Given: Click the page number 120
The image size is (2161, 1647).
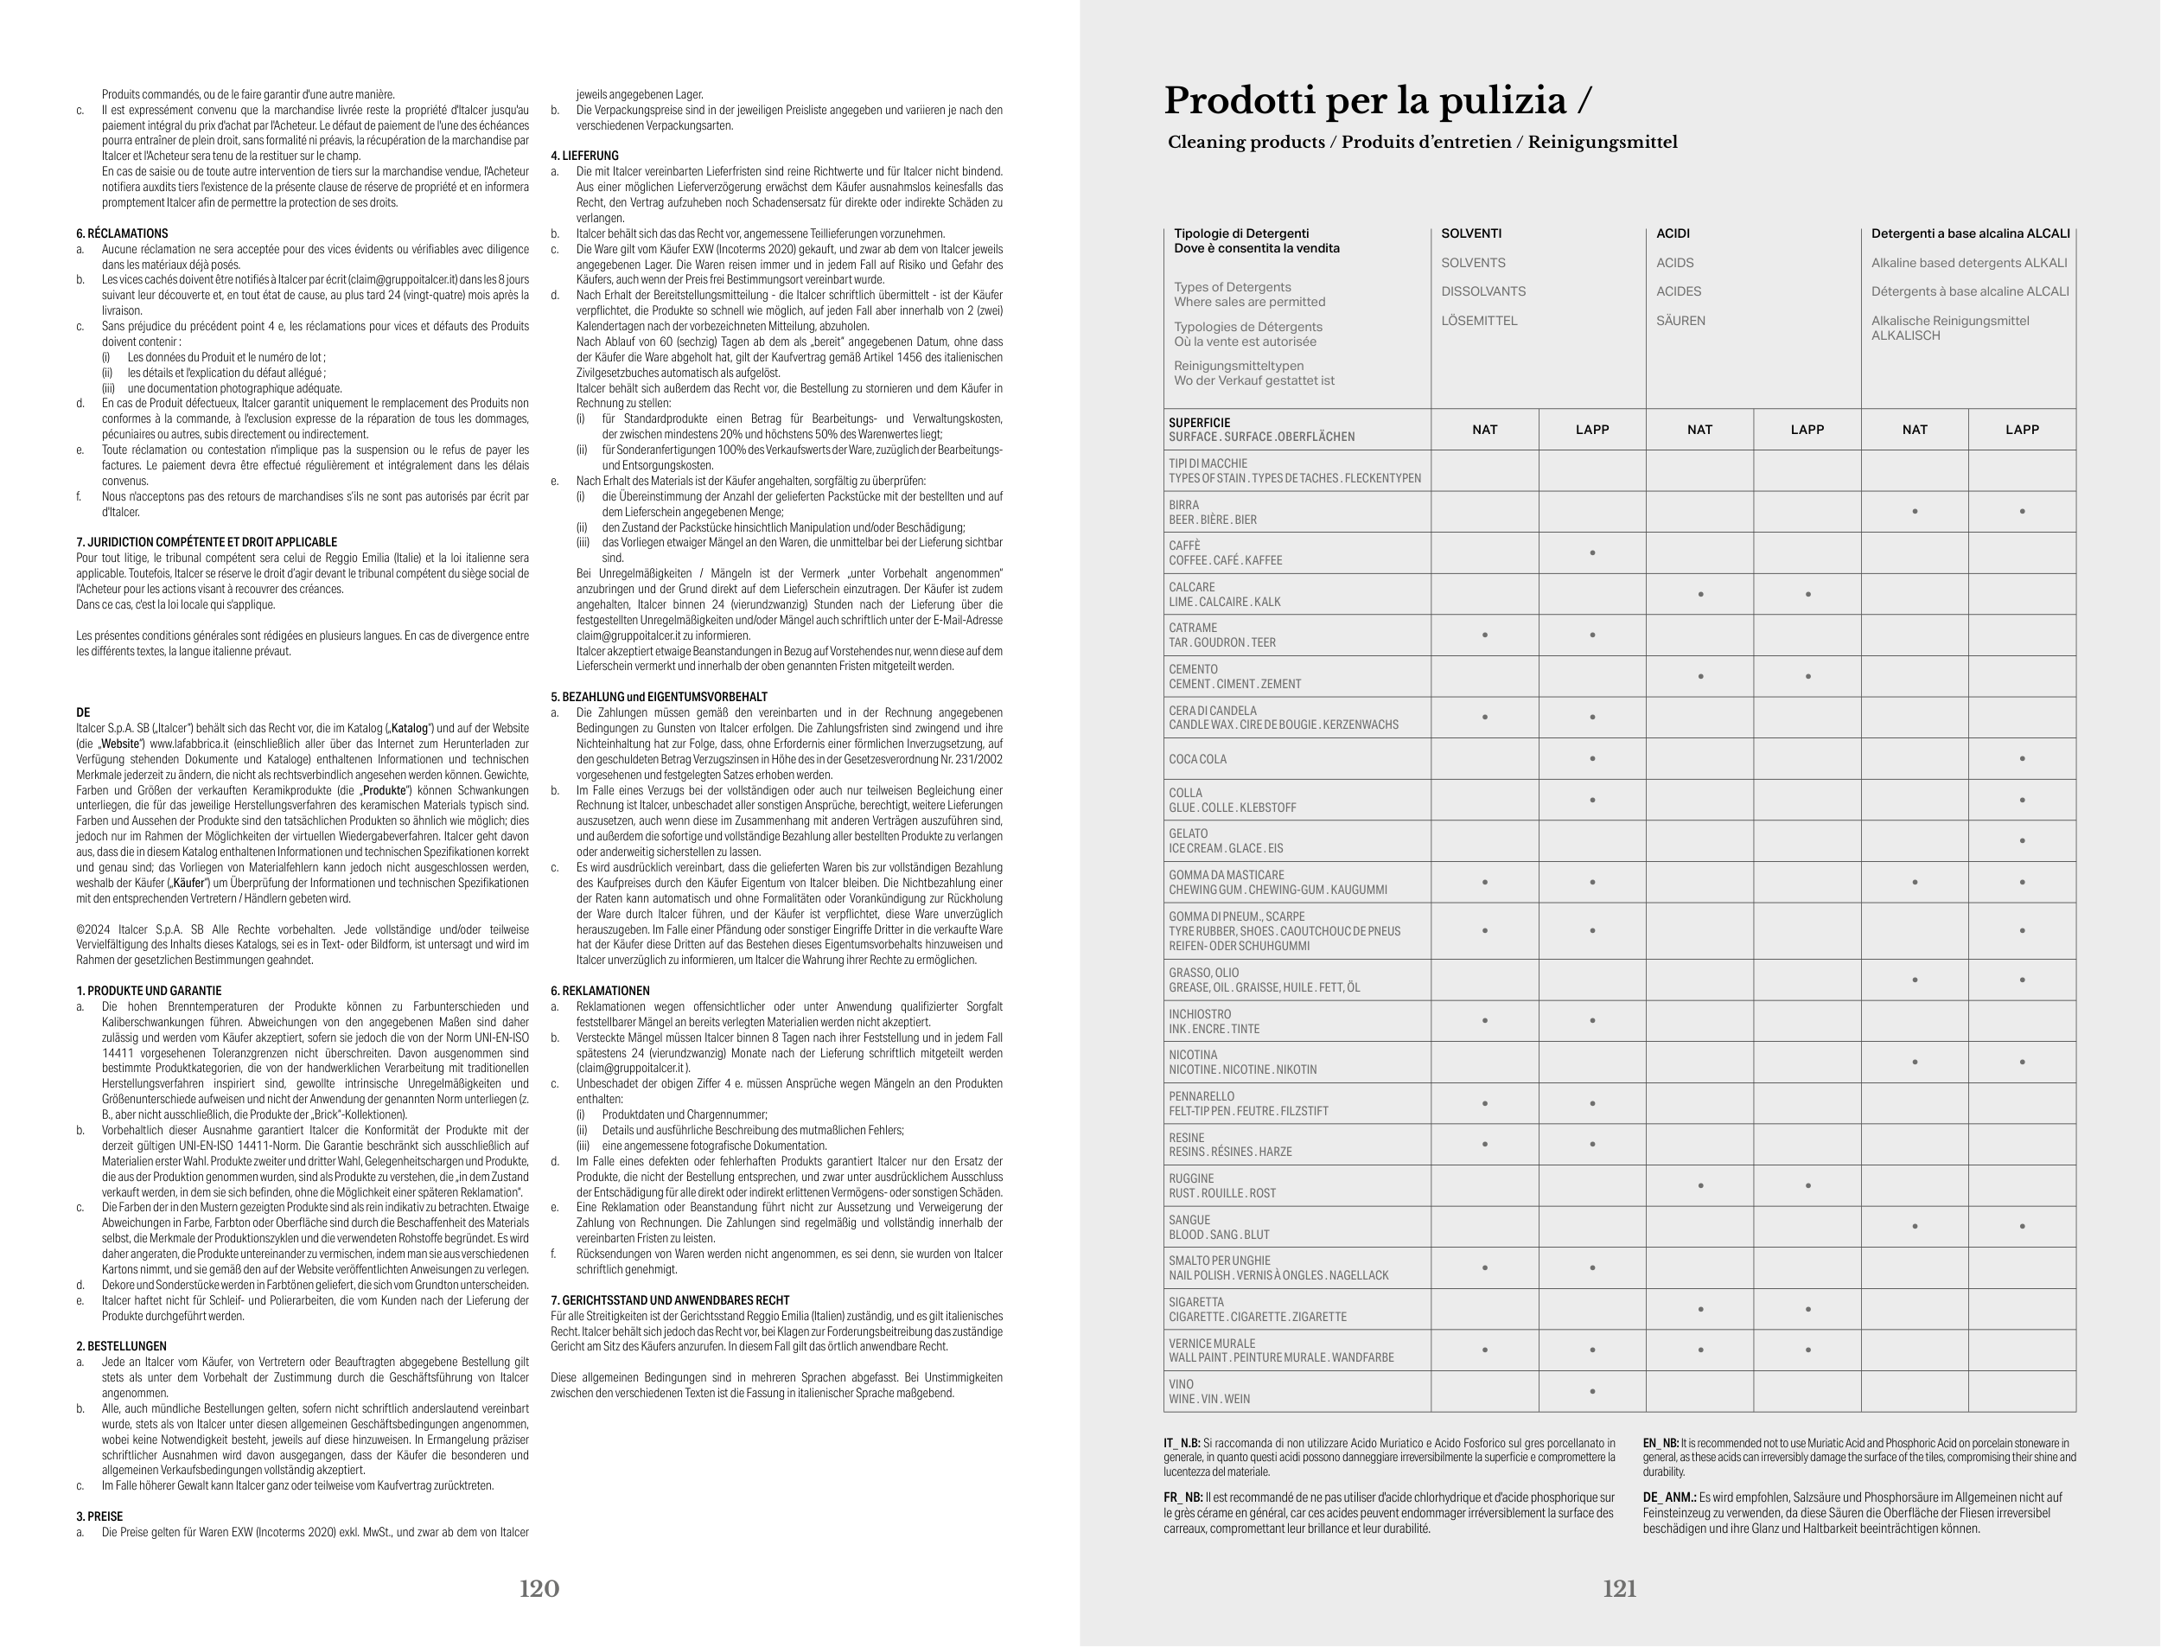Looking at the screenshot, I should point(539,1589).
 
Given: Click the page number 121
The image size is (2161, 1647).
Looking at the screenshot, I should point(1619,1589).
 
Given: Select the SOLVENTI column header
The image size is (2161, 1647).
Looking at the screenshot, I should point(1471,233).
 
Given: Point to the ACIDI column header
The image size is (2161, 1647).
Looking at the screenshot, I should point(1673,233).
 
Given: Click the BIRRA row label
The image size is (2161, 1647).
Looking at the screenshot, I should point(1184,505).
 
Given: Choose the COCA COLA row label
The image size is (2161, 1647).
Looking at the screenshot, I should point(1196,759).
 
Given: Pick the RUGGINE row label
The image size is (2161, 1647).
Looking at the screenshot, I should point(1191,1178).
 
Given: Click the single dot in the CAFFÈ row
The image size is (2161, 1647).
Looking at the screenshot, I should point(1592,553).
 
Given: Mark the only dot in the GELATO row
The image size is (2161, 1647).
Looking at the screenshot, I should point(2022,841).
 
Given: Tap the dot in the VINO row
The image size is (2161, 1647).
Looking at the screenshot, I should point(1592,1391).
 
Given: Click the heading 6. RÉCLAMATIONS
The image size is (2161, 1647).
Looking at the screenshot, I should point(123,233).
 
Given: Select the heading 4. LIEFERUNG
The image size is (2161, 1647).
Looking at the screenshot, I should point(584,156).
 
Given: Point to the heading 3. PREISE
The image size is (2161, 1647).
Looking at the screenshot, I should point(100,1516).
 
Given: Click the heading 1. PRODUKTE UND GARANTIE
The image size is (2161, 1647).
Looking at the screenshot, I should point(149,991).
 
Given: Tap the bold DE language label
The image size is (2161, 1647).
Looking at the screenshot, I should point(82,712).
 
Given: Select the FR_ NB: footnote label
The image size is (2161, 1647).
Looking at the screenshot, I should point(1182,1498).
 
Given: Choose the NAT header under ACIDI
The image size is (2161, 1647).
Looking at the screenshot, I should point(1699,430).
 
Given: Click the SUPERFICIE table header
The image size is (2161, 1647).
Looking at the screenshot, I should point(1199,423).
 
